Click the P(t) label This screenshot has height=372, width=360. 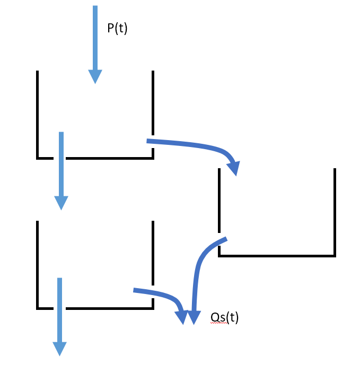[117, 29]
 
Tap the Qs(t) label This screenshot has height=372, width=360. [224, 317]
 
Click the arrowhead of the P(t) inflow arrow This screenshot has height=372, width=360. [95, 76]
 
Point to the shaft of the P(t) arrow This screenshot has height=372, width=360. [95, 38]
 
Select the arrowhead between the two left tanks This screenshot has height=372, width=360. [61, 203]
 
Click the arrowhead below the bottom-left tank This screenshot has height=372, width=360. [59, 349]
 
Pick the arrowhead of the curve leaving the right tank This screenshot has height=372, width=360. [194, 317]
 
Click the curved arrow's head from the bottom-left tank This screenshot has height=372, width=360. [182, 317]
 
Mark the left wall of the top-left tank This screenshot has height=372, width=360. [37, 115]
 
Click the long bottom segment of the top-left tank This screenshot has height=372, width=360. [110, 158]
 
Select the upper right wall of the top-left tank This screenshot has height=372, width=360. [153, 103]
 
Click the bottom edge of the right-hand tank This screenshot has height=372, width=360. [277, 256]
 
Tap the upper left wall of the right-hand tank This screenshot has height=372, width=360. [219, 201]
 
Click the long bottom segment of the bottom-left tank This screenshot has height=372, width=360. [110, 308]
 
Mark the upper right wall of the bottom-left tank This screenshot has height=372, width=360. [153, 253]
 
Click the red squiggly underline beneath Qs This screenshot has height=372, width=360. [218, 323]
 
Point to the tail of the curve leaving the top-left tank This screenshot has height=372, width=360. [147, 141]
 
